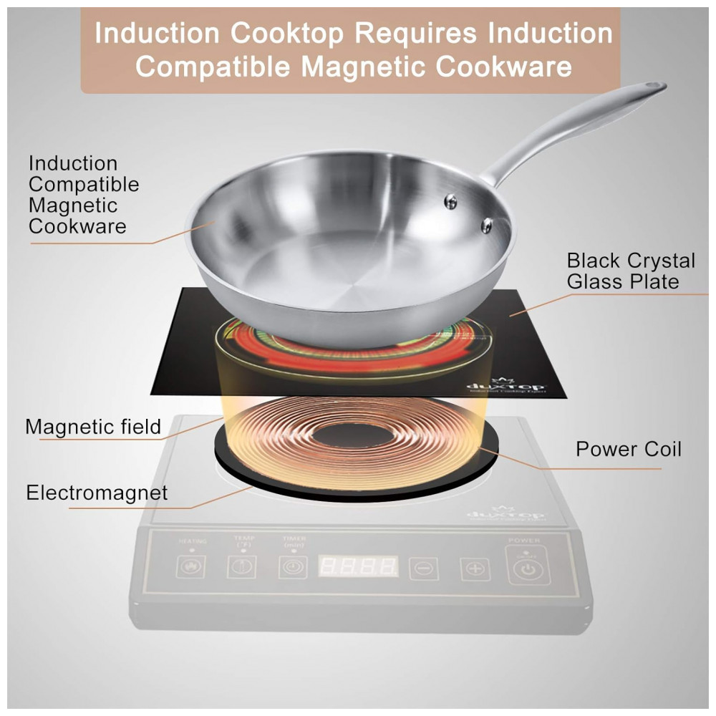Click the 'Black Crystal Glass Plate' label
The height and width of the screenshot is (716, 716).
pyautogui.click(x=630, y=271)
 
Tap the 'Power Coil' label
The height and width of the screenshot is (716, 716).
pyautogui.click(x=629, y=450)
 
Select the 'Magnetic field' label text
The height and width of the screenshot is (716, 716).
pyautogui.click(x=93, y=427)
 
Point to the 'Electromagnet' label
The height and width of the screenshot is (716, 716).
pyautogui.click(x=97, y=493)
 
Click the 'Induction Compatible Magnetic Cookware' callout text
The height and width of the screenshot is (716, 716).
pyautogui.click(x=83, y=195)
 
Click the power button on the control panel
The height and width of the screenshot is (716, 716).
pyautogui.click(x=527, y=570)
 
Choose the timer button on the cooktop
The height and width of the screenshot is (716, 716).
pyautogui.click(x=293, y=566)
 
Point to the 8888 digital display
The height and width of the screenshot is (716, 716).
pyautogui.click(x=357, y=566)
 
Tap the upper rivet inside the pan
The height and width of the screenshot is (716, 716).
pyautogui.click(x=451, y=202)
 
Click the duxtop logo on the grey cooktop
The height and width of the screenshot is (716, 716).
pyautogui.click(x=505, y=513)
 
